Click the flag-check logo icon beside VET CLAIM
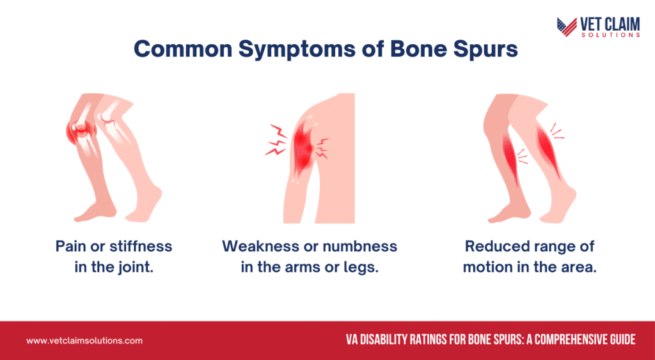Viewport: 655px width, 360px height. pyautogui.click(x=567, y=27)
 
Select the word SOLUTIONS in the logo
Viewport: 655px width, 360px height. pyautogui.click(x=611, y=35)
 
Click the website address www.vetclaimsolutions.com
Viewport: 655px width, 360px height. pyautogui.click(x=84, y=340)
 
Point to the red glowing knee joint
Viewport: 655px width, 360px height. pyautogui.click(x=81, y=130)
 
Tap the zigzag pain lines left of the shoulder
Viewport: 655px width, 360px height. pyautogui.click(x=276, y=140)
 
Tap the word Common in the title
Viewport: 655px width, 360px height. pyautogui.click(x=183, y=50)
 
